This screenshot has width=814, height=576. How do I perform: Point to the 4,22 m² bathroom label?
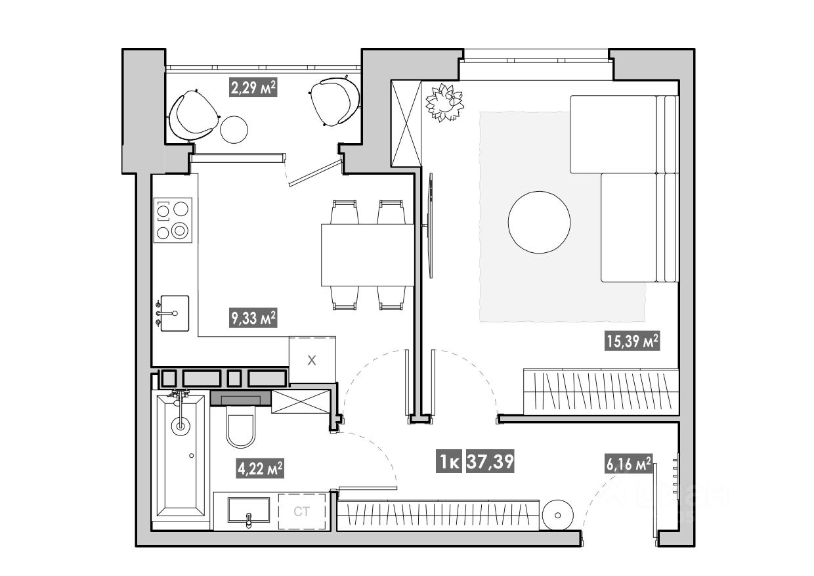(260, 468)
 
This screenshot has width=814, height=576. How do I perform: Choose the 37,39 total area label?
(490, 462)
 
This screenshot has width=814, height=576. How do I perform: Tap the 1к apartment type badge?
(450, 462)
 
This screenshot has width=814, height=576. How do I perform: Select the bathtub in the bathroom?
(179, 453)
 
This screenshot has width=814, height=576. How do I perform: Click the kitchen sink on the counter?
(174, 313)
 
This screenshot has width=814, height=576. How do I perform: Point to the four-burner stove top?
(173, 219)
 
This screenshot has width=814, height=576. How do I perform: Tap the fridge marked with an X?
(312, 359)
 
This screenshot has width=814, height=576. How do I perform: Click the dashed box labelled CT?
(301, 512)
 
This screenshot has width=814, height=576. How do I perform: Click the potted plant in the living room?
(444, 102)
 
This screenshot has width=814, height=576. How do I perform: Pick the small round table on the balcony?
(234, 129)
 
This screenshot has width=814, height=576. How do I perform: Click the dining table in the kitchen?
(367, 255)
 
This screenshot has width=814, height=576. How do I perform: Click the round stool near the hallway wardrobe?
(559, 514)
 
